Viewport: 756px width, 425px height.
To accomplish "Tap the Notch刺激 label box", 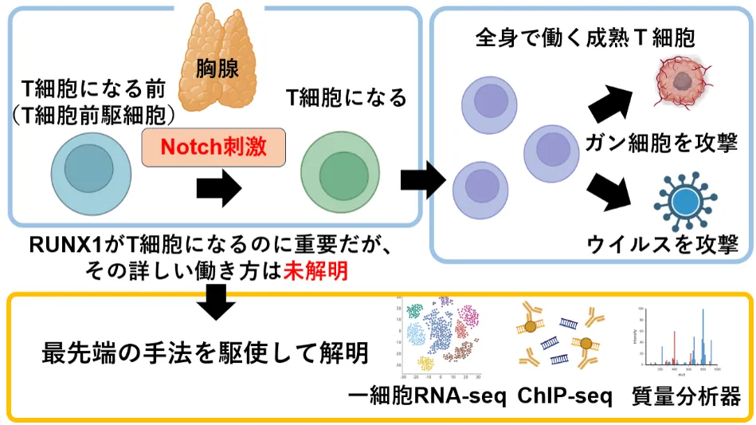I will tap(213, 147).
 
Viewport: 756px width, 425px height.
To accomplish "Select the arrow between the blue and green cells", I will tap(218, 188).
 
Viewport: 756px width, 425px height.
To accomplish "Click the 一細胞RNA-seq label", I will tap(428, 396).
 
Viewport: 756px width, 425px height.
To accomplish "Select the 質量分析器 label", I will tap(686, 396).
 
